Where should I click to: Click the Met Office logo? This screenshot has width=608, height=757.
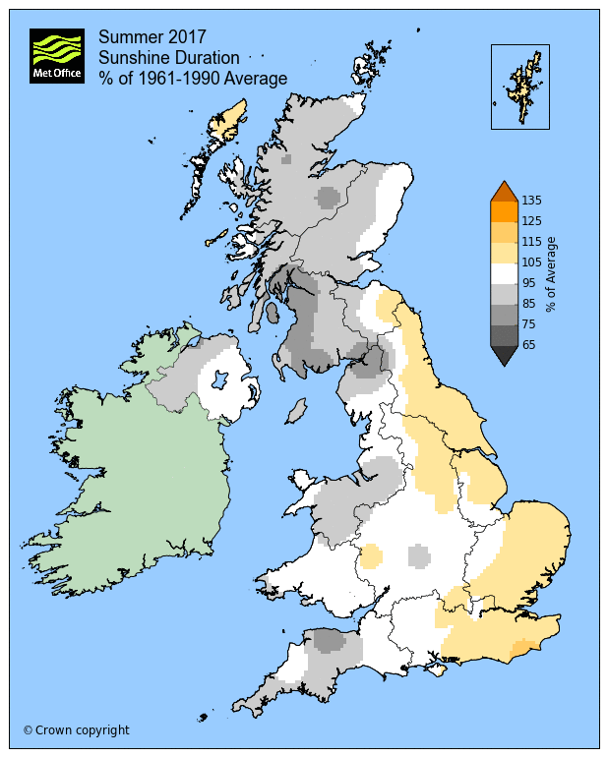click(x=57, y=56)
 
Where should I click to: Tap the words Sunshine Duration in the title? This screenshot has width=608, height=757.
click(x=168, y=58)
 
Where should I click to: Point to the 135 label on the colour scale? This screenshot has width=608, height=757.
click(x=533, y=201)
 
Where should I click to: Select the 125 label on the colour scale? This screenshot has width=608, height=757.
click(x=533, y=221)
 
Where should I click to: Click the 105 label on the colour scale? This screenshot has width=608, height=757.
click(x=533, y=262)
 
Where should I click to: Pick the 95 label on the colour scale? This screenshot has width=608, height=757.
click(x=533, y=283)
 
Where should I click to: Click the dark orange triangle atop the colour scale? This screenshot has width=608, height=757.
click(x=504, y=192)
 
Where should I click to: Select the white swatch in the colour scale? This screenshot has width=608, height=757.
click(x=504, y=273)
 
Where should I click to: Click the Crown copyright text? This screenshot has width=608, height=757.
click(x=76, y=730)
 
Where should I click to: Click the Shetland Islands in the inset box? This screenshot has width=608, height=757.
click(x=522, y=84)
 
